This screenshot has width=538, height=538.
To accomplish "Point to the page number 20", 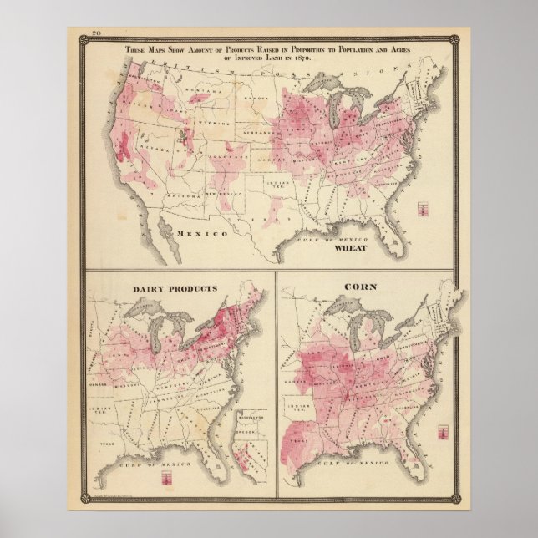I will click(x=86, y=34).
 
